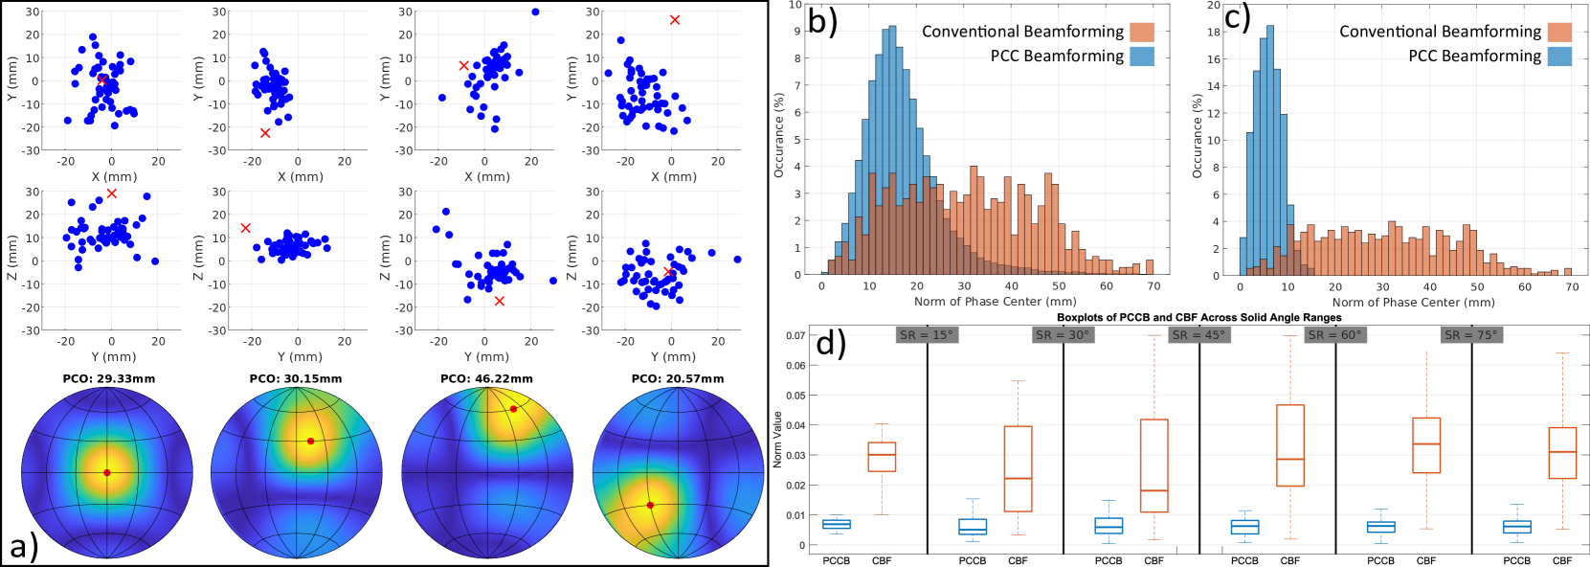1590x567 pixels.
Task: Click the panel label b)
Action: (x=822, y=21)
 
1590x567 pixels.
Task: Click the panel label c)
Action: (x=1237, y=18)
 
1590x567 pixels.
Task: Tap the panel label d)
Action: (x=831, y=344)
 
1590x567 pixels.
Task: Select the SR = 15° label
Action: (x=927, y=335)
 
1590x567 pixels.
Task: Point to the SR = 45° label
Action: (x=1198, y=335)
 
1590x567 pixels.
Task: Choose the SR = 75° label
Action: (x=1471, y=335)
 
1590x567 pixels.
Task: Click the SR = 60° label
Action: (x=1335, y=335)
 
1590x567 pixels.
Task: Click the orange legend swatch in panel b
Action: (x=1142, y=32)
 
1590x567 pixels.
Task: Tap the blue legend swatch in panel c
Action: (x=1559, y=56)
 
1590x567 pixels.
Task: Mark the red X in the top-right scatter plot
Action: (x=675, y=20)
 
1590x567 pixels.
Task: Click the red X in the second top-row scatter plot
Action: (x=265, y=133)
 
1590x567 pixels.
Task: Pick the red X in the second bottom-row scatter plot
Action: (x=246, y=228)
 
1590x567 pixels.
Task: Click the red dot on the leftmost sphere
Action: (x=107, y=472)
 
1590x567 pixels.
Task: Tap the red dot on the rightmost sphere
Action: (x=650, y=505)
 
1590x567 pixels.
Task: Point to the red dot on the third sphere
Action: (x=513, y=409)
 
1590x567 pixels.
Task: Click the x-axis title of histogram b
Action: (x=995, y=302)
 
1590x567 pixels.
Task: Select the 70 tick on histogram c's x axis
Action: (x=1571, y=287)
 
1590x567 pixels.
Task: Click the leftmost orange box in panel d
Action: (x=882, y=457)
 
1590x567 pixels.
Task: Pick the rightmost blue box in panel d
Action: (x=1517, y=527)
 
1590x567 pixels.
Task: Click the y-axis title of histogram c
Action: (x=1197, y=135)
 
